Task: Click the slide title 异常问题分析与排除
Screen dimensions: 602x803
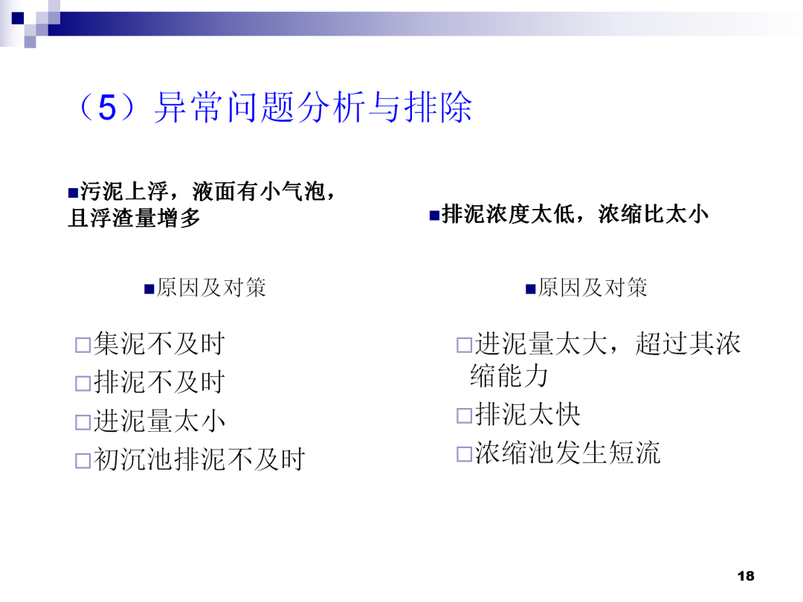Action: coord(312,109)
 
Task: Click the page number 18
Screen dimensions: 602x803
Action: coord(746,576)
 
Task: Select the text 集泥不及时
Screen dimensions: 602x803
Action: coord(159,344)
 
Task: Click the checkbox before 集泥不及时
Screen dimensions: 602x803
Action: coord(82,346)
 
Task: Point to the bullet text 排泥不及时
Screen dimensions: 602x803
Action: coord(159,383)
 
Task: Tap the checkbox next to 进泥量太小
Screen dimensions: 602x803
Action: coord(82,423)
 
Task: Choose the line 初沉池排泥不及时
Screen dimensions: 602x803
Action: coord(199,460)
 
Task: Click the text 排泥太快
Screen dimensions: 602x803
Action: coord(528,415)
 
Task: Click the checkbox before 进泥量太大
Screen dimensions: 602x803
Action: coord(464,346)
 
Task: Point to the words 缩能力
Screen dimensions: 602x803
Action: coord(509,376)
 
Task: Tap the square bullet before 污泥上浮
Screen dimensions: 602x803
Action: coord(73,193)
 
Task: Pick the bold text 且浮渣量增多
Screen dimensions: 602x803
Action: coord(134,219)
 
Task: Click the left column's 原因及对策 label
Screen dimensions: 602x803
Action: coord(211,288)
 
